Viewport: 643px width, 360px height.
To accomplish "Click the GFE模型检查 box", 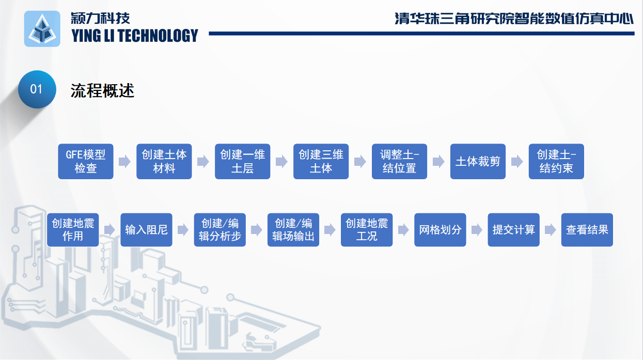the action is (x=86, y=161).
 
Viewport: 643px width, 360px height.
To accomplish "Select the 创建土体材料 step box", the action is (x=164, y=161).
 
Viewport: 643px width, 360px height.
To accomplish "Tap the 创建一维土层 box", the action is (x=243, y=161).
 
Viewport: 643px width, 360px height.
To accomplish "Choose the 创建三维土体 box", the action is (x=321, y=161).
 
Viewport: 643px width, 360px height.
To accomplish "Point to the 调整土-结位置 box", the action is (x=399, y=161).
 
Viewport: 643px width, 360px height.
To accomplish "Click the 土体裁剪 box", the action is (x=478, y=161).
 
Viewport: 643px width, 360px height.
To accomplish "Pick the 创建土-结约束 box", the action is (x=556, y=161).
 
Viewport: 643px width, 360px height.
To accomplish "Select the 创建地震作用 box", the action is (x=73, y=230).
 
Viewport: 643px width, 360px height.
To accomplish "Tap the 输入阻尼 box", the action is (x=146, y=230).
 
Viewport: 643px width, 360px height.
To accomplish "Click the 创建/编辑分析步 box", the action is (x=220, y=230).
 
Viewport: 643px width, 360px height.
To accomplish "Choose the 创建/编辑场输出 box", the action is (x=293, y=230).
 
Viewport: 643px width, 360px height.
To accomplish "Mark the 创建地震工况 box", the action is (x=367, y=230).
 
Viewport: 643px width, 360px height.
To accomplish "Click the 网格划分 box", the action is (x=440, y=230).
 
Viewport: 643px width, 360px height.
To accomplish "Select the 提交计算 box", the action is (x=513, y=230).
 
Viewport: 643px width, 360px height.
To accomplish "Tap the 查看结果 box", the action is (x=587, y=230).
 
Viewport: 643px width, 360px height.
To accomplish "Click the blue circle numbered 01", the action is (x=37, y=89).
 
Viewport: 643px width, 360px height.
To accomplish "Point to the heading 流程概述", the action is (x=102, y=91).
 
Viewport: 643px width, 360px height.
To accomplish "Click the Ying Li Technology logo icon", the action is (x=42, y=29).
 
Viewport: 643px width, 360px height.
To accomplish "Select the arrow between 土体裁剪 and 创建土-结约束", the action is (x=517, y=161).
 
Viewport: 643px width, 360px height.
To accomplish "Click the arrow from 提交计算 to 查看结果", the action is (x=550, y=230).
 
